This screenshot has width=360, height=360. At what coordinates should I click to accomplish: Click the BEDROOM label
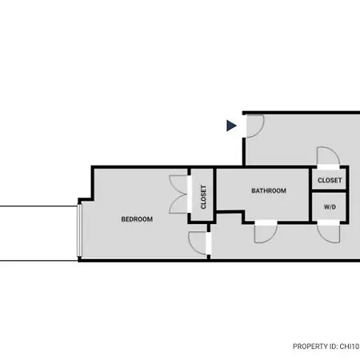137,219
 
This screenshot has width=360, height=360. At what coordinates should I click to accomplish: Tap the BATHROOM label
269,190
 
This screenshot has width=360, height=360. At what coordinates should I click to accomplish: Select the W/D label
330,207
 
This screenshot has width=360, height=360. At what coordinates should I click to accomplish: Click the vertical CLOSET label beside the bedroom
203,197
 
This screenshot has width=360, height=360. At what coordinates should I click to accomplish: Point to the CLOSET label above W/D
330,180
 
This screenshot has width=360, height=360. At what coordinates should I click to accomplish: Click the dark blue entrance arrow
231,126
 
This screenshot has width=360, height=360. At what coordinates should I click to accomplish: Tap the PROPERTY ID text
326,346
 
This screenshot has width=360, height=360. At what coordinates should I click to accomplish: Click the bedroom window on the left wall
79,230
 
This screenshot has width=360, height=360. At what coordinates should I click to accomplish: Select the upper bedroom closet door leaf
178,185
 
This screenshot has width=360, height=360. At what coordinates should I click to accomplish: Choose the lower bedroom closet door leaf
178,204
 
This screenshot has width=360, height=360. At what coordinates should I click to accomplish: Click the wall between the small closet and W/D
329,191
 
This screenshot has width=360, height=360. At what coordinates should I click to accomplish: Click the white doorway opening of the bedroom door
209,243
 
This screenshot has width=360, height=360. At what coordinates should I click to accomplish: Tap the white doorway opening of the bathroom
266,222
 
